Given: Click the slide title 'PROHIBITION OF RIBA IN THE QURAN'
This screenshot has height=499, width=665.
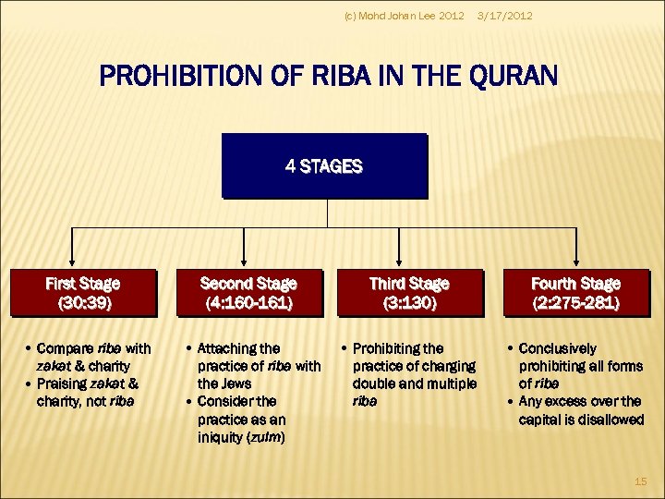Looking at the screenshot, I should coord(328,75).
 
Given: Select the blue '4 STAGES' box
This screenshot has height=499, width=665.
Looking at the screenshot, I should coord(324,166).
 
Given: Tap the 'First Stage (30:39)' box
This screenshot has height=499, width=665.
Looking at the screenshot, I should coord(83,292).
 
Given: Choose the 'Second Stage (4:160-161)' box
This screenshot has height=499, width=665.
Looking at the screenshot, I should coord(248,292).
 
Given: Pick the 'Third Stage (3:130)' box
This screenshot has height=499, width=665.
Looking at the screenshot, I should coord(408,292).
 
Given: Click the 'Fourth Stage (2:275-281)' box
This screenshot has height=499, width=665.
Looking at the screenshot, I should coord(575,292).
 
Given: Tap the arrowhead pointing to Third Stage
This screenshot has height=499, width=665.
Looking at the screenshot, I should coord(399,261).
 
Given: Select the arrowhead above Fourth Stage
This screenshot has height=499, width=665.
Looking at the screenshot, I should coord(577,261).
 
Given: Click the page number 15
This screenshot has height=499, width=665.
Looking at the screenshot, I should coord(641,481).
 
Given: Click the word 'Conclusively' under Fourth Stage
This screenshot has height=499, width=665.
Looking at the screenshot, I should coord(558,348).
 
